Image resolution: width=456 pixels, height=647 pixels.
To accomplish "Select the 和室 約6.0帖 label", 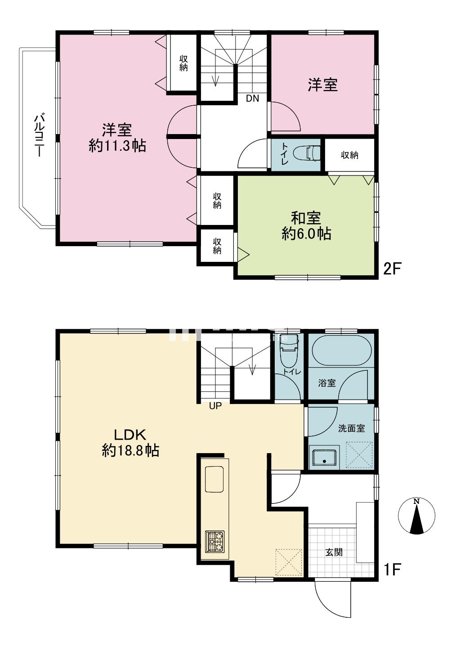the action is point(306,225).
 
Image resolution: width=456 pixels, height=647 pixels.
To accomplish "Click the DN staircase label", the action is point(253,99).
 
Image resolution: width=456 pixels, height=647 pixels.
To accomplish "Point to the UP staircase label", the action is point(215,406).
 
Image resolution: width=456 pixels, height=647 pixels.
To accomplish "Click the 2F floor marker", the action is point(392,269).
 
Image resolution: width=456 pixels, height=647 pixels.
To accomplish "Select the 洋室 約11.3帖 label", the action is point(117,138).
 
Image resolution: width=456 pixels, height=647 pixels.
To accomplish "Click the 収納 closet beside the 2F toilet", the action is point(350,155).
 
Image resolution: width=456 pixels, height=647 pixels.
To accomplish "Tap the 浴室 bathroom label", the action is point(327,383).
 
